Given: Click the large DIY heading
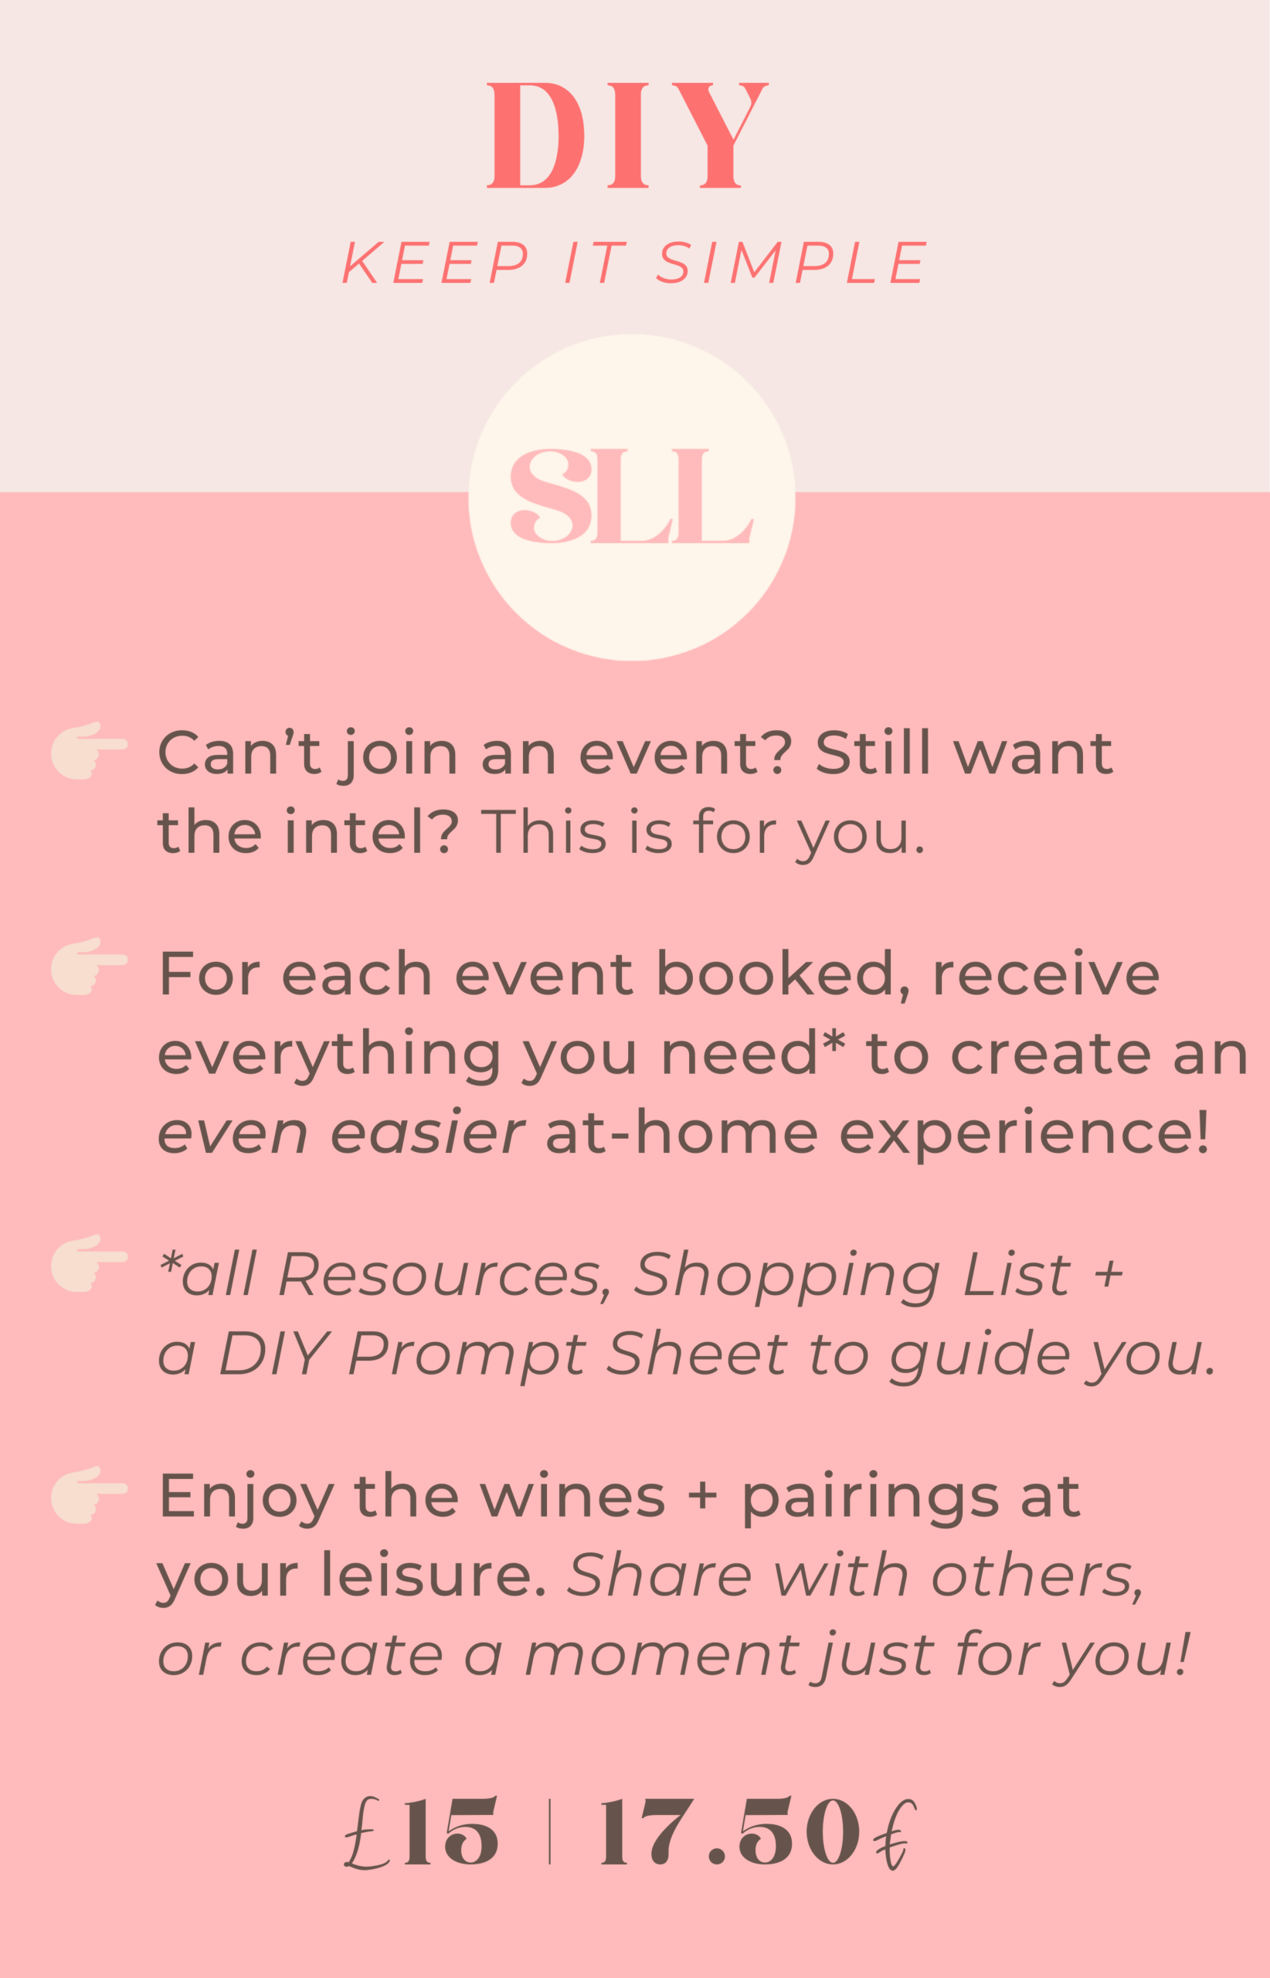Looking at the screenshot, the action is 627,135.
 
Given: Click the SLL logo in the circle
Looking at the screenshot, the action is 632,496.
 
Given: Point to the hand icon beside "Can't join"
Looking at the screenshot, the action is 89,749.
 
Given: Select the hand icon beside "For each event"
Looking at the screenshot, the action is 89,966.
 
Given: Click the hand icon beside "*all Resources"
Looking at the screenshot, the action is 89,1263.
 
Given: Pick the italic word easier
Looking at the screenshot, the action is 427,1133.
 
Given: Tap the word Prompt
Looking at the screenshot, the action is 467,1356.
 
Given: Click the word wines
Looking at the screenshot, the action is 572,1494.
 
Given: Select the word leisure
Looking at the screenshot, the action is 434,1575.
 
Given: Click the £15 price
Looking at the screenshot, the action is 422,1830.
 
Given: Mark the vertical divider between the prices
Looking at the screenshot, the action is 549,1831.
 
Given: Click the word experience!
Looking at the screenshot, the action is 1024,1133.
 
